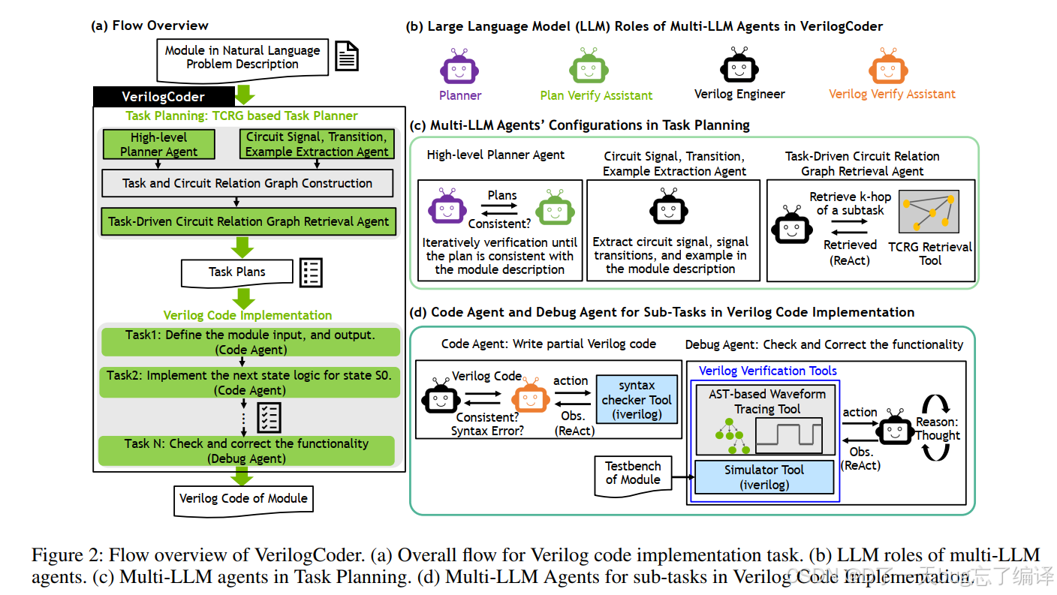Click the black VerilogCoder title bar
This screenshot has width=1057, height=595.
164,97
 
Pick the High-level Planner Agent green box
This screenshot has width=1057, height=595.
159,144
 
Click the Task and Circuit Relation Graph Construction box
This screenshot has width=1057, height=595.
247,183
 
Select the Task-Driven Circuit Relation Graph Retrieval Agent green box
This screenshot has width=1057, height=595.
248,221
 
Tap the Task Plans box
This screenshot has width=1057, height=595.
237,272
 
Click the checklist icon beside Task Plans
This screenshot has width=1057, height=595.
311,272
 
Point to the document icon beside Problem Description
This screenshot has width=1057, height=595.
347,56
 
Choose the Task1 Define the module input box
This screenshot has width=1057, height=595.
250,342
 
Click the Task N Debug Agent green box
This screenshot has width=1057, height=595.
246,451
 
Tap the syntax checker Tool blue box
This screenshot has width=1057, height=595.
637,400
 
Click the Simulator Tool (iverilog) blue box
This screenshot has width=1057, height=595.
764,477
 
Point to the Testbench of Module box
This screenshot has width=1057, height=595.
633,474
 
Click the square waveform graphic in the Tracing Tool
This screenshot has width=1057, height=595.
789,434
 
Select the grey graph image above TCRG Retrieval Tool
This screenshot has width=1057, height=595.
929,212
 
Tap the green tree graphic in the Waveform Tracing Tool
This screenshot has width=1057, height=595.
730,436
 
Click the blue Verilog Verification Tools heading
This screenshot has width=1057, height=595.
768,371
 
